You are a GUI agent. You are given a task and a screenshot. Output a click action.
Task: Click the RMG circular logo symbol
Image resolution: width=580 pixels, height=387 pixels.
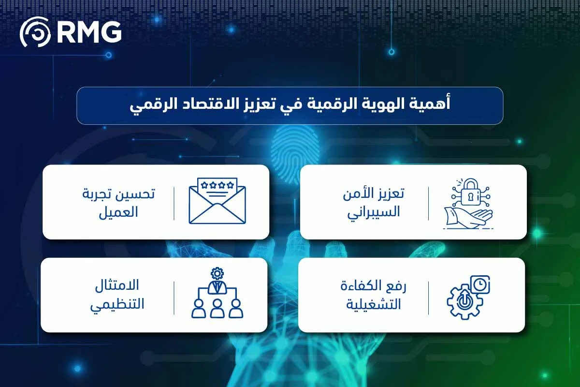35,32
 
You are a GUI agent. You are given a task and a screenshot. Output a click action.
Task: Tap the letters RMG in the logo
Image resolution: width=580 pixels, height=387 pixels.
88,32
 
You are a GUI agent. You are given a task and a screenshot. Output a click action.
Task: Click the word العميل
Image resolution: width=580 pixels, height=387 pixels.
121,212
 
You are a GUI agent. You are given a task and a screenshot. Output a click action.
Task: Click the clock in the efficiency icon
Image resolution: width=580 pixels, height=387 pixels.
479,285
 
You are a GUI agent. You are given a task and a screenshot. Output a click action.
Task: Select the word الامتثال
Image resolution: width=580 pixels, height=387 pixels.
119,286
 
